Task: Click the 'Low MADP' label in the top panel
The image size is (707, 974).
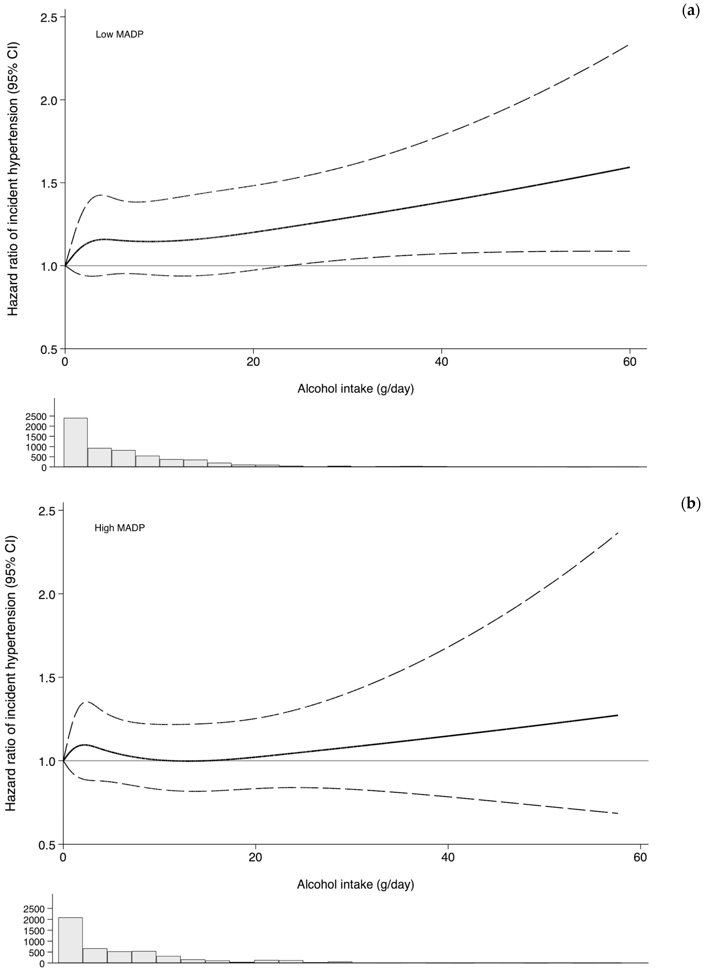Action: (119, 34)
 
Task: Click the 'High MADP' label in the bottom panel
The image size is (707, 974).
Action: (119, 528)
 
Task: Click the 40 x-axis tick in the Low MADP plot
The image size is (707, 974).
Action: (441, 362)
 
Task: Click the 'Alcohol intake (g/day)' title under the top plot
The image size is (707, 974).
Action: (355, 389)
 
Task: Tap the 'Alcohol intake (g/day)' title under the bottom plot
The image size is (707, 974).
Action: (355, 885)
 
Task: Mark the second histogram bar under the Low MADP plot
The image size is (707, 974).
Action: (100, 457)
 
